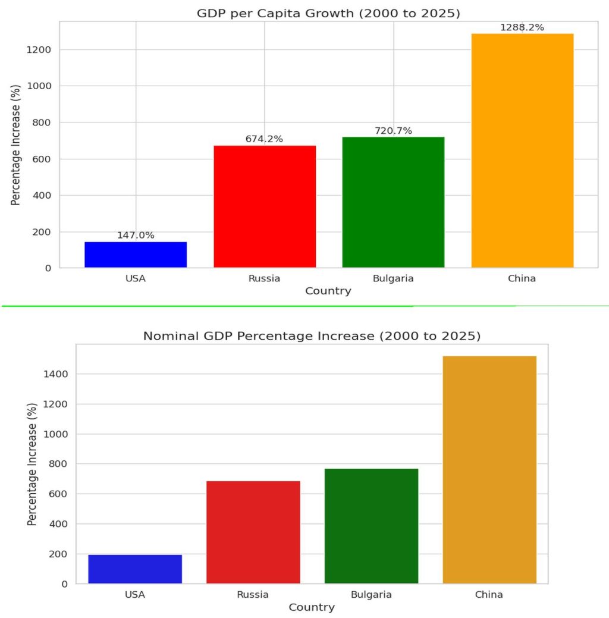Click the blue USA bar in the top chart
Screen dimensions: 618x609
click(x=136, y=255)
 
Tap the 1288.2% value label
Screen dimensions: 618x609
click(x=522, y=27)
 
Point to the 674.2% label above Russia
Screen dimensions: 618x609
click(x=264, y=139)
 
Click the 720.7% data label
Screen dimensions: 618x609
click(x=393, y=131)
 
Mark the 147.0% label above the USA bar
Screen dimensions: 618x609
click(x=136, y=236)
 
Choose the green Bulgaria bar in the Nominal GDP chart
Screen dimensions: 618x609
click(x=371, y=526)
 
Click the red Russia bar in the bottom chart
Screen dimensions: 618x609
click(x=253, y=532)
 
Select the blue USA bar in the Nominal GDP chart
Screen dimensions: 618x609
click(x=135, y=569)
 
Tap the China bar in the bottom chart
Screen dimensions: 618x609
click(x=489, y=469)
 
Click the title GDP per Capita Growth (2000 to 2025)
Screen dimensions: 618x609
click(x=328, y=13)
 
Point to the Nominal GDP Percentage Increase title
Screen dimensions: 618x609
click(x=312, y=336)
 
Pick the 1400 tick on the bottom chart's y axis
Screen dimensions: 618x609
click(x=55, y=374)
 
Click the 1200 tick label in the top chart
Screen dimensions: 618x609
click(x=39, y=50)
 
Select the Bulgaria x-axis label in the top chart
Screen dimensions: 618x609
click(x=393, y=278)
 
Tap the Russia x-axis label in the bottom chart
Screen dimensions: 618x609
click(x=253, y=594)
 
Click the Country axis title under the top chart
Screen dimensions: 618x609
click(x=328, y=291)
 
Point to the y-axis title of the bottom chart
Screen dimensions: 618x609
click(x=32, y=464)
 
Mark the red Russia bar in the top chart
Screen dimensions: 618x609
click(x=264, y=206)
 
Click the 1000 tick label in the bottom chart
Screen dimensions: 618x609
click(x=55, y=434)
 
